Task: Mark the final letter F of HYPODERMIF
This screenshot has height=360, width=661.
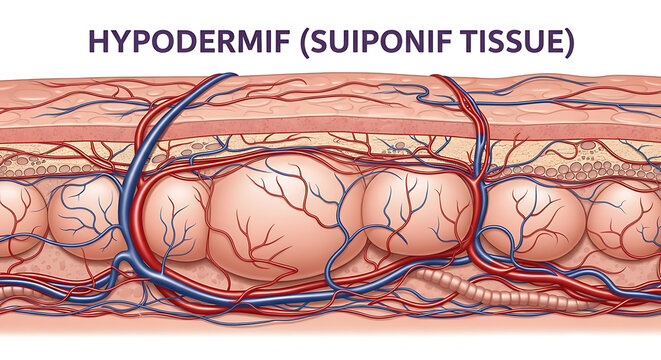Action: pos(287,41)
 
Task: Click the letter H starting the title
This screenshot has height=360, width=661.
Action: pos(98,41)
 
